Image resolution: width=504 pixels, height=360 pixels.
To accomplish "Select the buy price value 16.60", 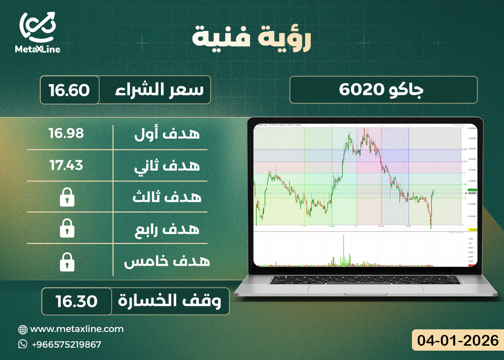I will tap(69, 90).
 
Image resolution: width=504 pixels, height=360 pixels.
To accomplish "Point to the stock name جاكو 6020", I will tap(383, 90).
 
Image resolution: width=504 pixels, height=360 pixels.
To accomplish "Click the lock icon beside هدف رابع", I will tap(66, 229).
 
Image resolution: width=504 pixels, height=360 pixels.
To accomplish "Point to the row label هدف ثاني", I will tap(167, 165).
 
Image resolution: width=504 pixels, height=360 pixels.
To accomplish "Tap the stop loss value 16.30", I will tap(76, 301).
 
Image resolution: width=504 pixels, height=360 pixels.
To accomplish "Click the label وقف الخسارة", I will tap(174, 301).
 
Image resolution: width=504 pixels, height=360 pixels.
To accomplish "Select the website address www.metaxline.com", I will tap(77, 329).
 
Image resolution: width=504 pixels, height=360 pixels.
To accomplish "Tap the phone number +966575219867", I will tap(66, 344).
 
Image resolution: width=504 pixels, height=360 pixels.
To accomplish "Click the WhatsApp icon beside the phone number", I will tap(23, 344).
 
